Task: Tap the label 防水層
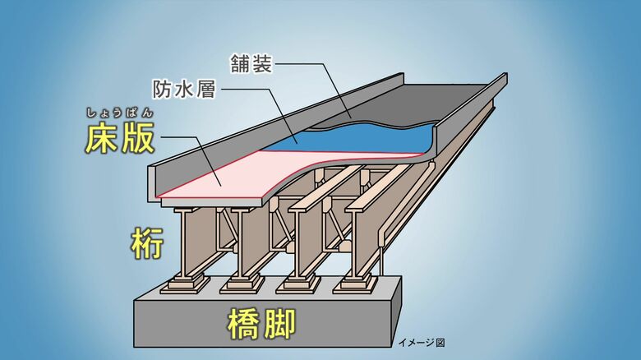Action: point(184,89)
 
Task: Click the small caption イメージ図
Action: point(420,342)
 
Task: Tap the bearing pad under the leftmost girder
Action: point(188,284)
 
